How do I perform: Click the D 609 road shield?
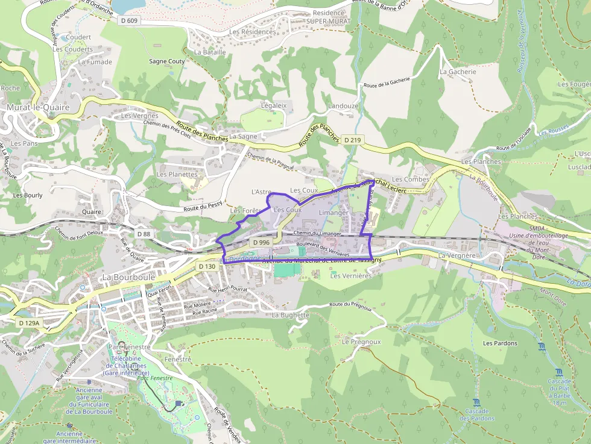click(x=128, y=20)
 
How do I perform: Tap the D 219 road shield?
click(x=353, y=140)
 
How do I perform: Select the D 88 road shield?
click(x=144, y=234)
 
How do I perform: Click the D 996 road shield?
click(x=261, y=242)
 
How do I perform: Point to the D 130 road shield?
click(x=206, y=266)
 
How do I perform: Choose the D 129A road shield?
click(x=28, y=324)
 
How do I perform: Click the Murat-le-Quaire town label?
click(x=38, y=107)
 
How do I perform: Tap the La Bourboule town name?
click(x=128, y=277)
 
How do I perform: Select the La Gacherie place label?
click(x=458, y=72)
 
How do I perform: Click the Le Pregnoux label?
click(x=361, y=342)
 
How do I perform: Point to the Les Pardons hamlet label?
click(x=500, y=343)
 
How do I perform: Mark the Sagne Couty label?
click(x=167, y=61)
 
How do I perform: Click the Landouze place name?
click(x=343, y=106)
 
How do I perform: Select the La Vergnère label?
click(x=458, y=255)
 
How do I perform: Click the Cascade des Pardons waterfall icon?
click(x=477, y=402)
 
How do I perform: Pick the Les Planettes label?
click(x=177, y=174)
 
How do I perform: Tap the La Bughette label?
click(x=291, y=315)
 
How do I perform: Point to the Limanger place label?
click(x=333, y=213)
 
